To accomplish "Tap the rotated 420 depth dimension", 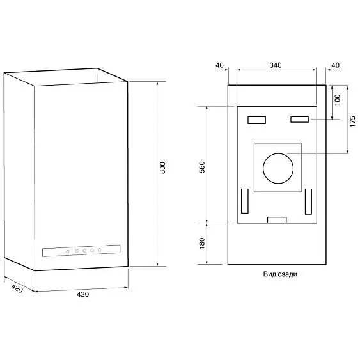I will pyautogui.click(x=17, y=287).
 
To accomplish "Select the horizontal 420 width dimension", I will pyautogui.click(x=82, y=295).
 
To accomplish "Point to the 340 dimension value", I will pyautogui.click(x=276, y=65).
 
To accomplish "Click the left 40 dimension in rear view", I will pyautogui.click(x=219, y=65).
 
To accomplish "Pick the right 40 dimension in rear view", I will pyautogui.click(x=335, y=65).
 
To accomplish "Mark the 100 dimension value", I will pyautogui.click(x=338, y=100).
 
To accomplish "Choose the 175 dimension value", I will pyautogui.click(x=352, y=121).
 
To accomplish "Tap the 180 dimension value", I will pyautogui.click(x=201, y=244).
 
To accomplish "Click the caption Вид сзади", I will pyautogui.click(x=280, y=274).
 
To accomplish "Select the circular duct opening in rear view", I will pyautogui.click(x=277, y=168).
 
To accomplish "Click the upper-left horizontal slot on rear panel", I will pyautogui.click(x=256, y=120).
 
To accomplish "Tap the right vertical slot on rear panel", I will pyautogui.click(x=308, y=201).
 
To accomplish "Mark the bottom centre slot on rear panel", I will pyautogui.click(x=276, y=219).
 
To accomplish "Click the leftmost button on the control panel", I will pyautogui.click(x=67, y=251).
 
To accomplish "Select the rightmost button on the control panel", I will pyautogui.click(x=100, y=249).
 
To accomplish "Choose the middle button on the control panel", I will pyautogui.click(x=84, y=251).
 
